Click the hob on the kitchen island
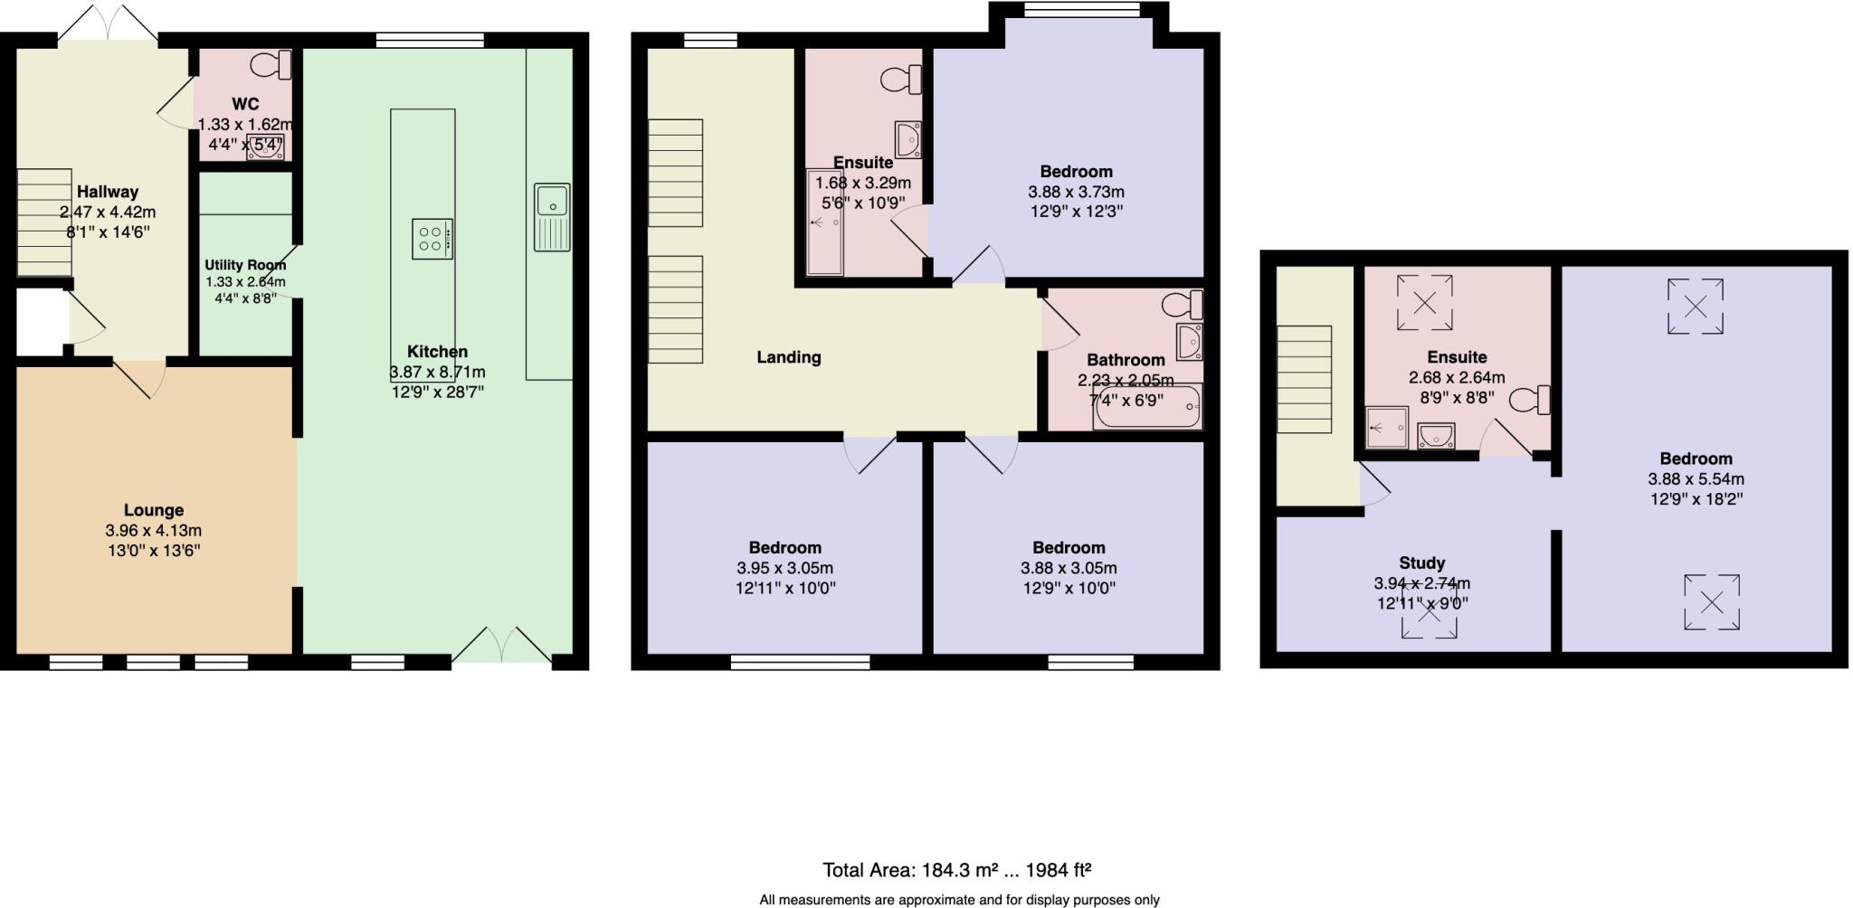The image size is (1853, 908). pos(432,240)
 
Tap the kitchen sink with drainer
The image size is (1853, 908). pos(552,216)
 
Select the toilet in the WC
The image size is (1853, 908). pos(272,65)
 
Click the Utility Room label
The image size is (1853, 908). pos(245,265)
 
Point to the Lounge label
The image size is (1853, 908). pos(154,510)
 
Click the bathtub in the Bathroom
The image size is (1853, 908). pos(1147,408)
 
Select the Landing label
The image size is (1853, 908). pos(789,357)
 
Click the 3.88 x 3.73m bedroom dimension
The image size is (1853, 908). pos(1076,192)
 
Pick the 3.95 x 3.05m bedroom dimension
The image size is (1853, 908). pos(784,568)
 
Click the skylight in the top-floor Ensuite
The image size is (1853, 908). pos(1424,302)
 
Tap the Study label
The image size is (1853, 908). pos(1421,563)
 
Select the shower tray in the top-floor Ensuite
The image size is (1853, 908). pos(1387,428)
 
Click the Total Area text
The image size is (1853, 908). pos(956,870)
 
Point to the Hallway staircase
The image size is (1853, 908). pos(43,222)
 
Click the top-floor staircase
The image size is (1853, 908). pos(1304,380)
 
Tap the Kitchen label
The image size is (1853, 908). pos(437,352)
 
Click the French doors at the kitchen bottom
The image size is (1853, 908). pos(501,648)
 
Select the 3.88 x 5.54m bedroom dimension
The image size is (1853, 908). pos(1696,479)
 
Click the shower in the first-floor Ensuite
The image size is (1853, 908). pos(824,222)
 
